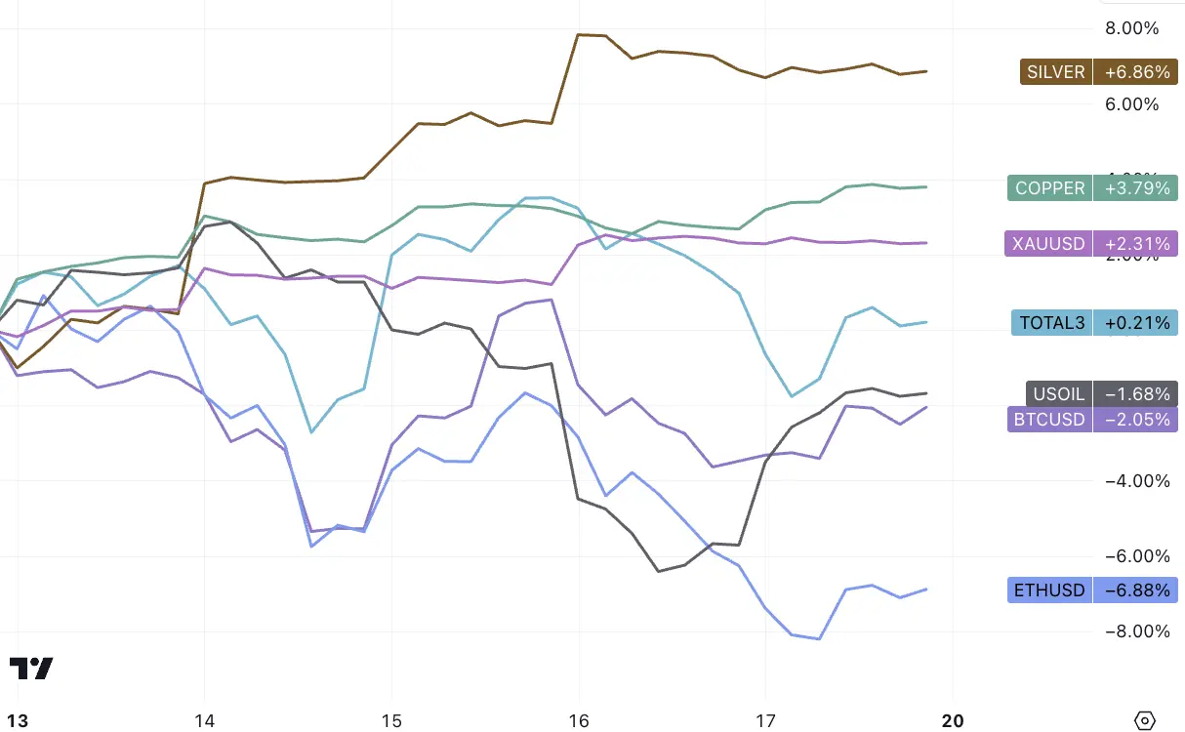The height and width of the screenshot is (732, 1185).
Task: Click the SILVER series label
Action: pos(1056,72)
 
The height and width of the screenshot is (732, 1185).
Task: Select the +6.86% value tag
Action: pos(1135,72)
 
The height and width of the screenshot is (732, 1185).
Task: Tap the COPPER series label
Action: pos(1049,187)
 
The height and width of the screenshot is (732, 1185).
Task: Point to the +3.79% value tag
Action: pos(1135,187)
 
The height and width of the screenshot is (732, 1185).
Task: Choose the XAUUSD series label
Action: pos(1048,243)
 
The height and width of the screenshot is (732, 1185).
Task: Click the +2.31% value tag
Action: pos(1135,243)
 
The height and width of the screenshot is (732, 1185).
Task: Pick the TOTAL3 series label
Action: pos(1051,322)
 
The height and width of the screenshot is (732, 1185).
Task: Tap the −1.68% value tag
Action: pos(1135,394)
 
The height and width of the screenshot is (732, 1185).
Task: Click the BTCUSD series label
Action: pos(1048,419)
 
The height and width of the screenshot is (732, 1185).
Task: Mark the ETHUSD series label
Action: pos(1048,590)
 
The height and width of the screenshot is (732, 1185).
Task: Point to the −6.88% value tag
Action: pos(1135,590)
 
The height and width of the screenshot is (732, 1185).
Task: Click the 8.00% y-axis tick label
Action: pos(1131,28)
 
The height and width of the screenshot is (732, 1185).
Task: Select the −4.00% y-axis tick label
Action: pos(1131,480)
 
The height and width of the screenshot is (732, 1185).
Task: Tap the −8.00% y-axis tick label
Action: pos(1131,630)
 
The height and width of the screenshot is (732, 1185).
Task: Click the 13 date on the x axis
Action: pos(18,720)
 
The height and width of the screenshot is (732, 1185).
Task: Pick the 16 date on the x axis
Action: pos(580,720)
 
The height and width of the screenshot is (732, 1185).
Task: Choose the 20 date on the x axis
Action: pos(953,720)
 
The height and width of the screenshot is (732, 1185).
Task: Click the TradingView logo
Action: pos(31,669)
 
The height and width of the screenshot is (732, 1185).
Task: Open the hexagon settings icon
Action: pos(1146,720)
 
